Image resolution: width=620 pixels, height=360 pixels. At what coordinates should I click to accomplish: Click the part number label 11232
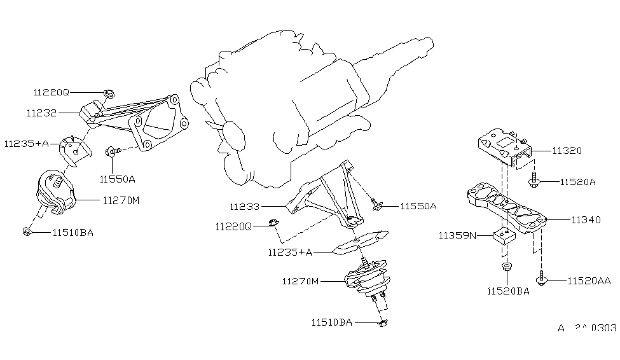42,113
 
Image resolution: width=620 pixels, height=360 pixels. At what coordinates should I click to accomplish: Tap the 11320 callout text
567,151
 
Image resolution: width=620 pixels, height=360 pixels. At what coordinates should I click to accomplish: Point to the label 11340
586,220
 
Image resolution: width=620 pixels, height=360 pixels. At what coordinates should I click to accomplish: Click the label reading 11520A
577,182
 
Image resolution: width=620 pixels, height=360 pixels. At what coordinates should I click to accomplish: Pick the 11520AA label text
588,280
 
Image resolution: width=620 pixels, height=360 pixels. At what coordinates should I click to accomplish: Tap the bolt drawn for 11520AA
541,279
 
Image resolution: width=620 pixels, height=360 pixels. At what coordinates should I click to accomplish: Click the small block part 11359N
502,237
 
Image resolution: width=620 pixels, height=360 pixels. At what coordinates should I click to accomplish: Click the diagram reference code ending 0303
587,328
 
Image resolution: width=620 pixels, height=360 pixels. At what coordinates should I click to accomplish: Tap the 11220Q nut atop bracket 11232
108,95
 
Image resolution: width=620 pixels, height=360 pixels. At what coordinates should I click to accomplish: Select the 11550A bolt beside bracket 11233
376,205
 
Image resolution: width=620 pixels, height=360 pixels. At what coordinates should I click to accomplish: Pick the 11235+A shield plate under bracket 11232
74,150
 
